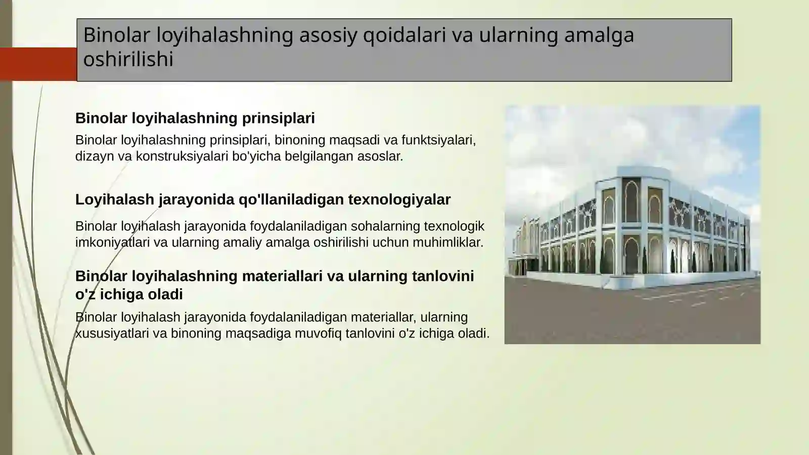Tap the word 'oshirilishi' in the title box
(128, 59)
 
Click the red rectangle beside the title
(38, 64)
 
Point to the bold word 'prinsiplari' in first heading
(278, 118)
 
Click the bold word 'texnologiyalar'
(399, 199)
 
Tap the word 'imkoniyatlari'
(112, 242)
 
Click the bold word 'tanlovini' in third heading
(443, 276)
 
